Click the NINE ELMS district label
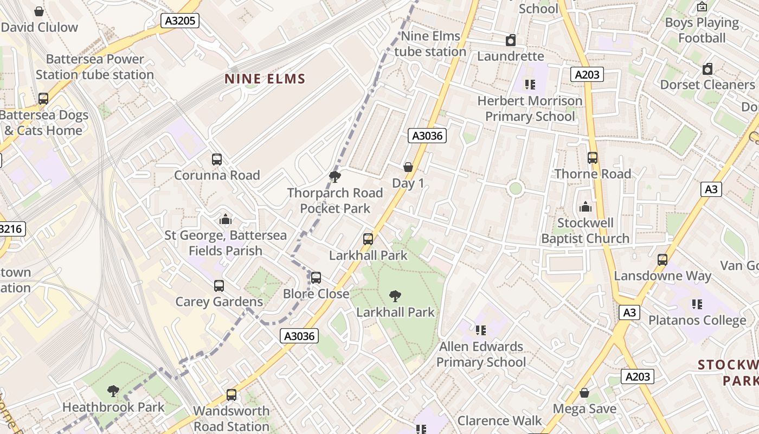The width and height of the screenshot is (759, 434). click(x=265, y=79)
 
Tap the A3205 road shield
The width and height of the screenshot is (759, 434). click(x=181, y=21)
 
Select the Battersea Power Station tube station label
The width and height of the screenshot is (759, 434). click(x=95, y=67)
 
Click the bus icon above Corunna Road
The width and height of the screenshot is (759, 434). click(x=217, y=159)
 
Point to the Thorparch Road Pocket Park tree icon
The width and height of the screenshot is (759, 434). click(x=335, y=176)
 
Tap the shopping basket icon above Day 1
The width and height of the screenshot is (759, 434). click(x=408, y=167)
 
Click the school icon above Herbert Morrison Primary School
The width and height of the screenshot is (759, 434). click(x=530, y=84)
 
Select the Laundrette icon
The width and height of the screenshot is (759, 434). click(x=511, y=40)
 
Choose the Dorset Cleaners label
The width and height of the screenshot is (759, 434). click(x=707, y=85)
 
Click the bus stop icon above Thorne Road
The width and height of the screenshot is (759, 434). click(x=593, y=158)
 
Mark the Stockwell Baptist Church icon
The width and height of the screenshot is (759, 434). click(x=586, y=207)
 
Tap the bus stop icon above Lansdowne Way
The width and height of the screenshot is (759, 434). click(x=662, y=260)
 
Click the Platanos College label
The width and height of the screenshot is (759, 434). click(x=697, y=320)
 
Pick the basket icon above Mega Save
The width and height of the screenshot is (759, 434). click(x=584, y=393)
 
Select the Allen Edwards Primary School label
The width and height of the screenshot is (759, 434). click(x=481, y=354)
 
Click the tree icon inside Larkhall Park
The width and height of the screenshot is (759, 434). click(x=395, y=296)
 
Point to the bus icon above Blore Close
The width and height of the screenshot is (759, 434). click(x=316, y=278)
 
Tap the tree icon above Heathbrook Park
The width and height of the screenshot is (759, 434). click(x=113, y=391)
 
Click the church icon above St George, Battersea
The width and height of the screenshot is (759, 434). click(x=226, y=219)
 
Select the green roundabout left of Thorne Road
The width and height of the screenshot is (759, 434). click(x=515, y=189)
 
